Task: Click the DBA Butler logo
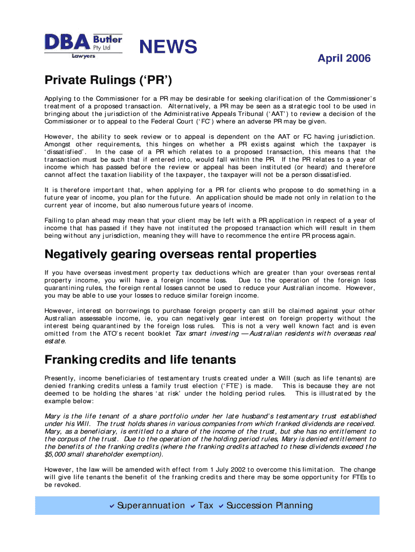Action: click(x=83, y=45)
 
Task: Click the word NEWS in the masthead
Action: click(x=168, y=47)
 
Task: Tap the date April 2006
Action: click(x=344, y=58)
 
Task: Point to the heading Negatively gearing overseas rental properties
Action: click(x=180, y=254)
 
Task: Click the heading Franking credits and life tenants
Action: click(x=140, y=360)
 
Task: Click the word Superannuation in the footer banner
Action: click(x=151, y=506)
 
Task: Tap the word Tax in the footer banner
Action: click(x=206, y=506)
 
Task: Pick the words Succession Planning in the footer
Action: click(x=269, y=506)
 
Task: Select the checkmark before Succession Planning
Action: click(x=221, y=506)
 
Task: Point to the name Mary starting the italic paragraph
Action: click(x=52, y=416)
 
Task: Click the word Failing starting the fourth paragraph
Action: click(x=56, y=220)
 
